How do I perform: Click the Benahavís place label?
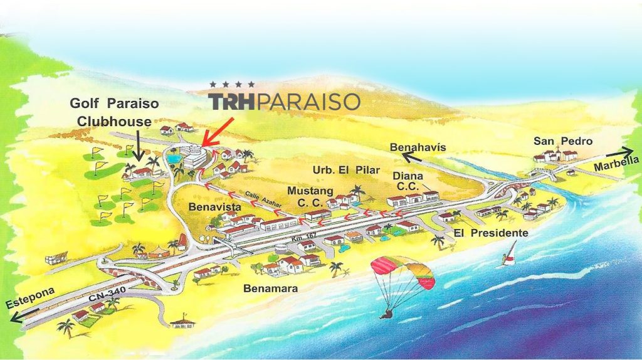(418, 147)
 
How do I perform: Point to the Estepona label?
(31, 297)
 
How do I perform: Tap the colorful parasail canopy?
(403, 272)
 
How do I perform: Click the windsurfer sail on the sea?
(512, 252)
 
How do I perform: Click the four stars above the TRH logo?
(233, 84)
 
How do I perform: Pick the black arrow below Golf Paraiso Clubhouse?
(139, 147)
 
